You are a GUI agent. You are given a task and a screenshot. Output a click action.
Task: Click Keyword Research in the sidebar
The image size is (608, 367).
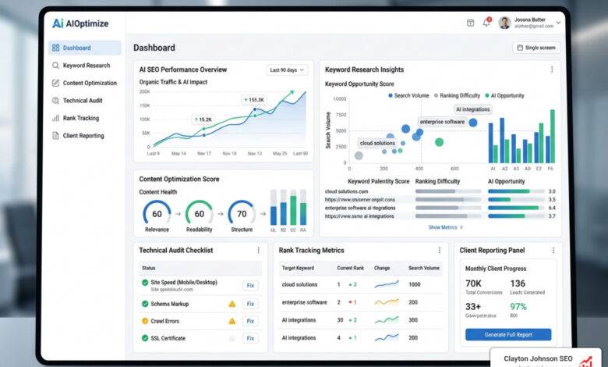[x=86, y=66]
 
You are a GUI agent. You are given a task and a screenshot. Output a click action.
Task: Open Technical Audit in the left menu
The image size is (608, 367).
[x=82, y=101]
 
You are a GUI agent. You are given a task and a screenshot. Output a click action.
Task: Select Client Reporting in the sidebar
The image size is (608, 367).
[x=83, y=136]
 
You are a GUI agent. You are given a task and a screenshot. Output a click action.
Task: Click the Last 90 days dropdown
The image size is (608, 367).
[x=287, y=70]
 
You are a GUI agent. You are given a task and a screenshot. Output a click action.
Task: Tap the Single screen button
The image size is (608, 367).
[x=536, y=48]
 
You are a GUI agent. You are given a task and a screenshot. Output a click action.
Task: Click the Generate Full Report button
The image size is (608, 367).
[x=507, y=334]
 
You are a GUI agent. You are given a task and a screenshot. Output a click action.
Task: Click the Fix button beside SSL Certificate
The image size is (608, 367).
[x=250, y=338]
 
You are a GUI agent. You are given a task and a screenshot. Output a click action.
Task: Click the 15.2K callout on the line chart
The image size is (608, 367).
[x=203, y=119]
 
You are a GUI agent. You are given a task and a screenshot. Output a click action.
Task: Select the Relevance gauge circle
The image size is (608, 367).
[x=157, y=213]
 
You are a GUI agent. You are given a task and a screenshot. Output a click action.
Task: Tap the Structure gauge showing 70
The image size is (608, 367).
[x=242, y=213]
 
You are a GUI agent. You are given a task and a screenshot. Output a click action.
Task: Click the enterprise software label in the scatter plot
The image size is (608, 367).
[x=442, y=122]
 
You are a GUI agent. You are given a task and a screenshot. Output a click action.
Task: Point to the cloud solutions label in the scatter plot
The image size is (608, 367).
[x=377, y=143]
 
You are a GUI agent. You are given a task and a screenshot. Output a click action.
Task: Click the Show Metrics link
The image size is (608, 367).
[x=445, y=227]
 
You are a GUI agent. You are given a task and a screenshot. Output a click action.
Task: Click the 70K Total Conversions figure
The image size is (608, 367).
[x=474, y=283]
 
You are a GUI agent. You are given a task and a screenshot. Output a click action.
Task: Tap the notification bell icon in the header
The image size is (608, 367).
[x=486, y=23]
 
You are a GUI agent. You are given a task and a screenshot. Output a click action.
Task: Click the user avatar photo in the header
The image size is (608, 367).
[x=504, y=23]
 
